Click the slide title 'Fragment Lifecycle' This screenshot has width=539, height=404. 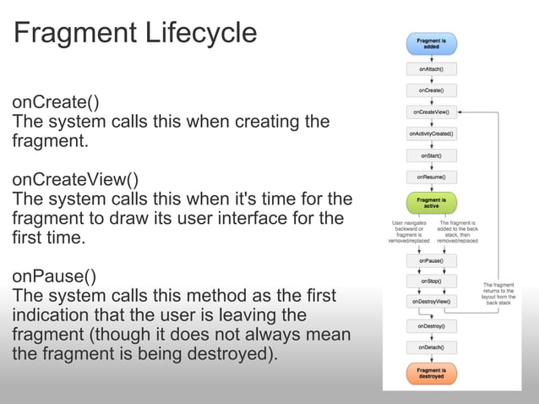click(134, 33)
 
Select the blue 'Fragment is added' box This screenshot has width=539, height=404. click(431, 43)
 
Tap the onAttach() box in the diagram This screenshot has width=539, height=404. click(431, 68)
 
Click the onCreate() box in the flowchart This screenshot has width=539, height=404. click(431, 89)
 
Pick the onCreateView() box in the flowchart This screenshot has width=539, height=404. click(431, 111)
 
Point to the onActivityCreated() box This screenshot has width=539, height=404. click(431, 134)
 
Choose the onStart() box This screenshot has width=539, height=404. click(431, 156)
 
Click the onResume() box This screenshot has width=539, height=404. click(431, 177)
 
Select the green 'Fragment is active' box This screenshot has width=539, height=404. click(431, 203)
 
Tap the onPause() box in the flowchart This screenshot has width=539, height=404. click(431, 261)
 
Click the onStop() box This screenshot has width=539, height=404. click(431, 281)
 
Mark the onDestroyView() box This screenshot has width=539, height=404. click(431, 301)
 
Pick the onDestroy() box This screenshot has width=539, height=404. click(431, 325)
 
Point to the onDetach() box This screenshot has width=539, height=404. click(431, 347)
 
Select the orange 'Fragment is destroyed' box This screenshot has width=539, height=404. click(431, 374)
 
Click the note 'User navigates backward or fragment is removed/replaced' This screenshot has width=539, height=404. click(409, 232)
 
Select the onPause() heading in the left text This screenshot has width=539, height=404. click(53, 276)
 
